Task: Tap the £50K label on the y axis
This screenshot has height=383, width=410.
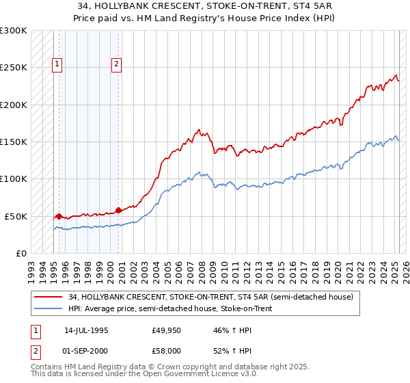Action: pos(16,216)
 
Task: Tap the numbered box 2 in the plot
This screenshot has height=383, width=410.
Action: pos(118,65)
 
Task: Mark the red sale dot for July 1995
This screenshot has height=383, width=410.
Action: pos(59,216)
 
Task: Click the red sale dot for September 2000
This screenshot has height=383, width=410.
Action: pos(119,210)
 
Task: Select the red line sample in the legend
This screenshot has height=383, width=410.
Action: pos(49,298)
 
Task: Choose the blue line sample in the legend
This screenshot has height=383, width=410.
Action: pos(49,309)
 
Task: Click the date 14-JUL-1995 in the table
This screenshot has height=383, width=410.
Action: pos(85,330)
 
